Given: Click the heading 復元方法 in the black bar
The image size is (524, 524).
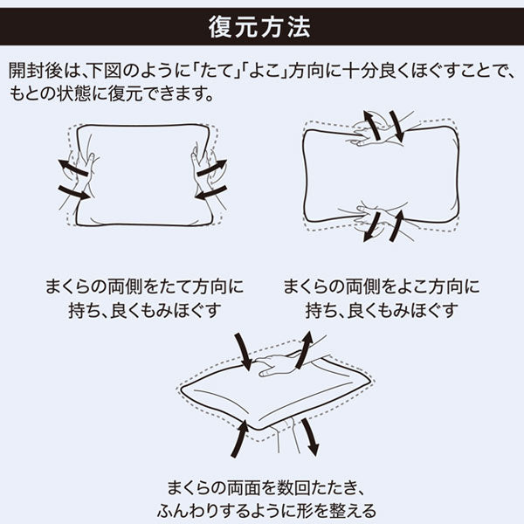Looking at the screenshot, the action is [x=259, y=27].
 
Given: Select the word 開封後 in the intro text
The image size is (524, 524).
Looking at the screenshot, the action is [x=35, y=71].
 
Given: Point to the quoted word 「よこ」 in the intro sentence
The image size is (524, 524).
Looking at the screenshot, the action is [x=265, y=71].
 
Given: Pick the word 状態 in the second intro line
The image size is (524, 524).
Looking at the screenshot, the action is [x=73, y=93].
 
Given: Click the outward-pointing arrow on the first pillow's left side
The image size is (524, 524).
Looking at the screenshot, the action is [x=72, y=168].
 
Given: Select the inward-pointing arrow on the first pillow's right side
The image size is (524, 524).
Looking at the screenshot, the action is [x=211, y=192].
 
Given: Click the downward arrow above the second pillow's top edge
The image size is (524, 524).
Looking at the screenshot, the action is [x=397, y=126].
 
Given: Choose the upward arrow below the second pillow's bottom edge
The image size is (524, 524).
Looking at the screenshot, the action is [x=397, y=225].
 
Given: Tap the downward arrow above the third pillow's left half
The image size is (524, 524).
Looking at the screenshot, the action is [x=243, y=351].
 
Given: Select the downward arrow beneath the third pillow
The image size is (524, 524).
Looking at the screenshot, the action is [x=310, y=437].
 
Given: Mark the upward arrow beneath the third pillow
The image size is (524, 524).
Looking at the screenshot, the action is [x=240, y=438].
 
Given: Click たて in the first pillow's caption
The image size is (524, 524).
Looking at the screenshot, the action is [x=176, y=286].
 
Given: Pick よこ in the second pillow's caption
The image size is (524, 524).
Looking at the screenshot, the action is [x=412, y=286].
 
